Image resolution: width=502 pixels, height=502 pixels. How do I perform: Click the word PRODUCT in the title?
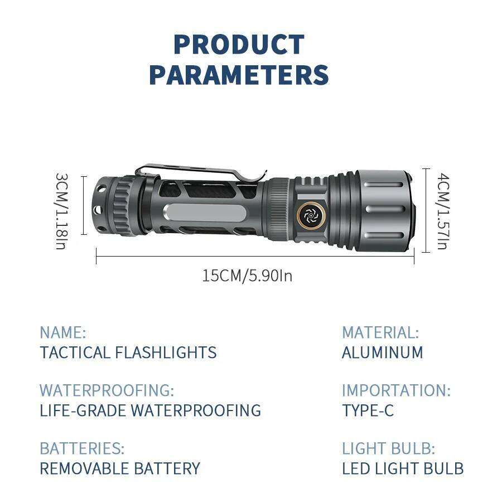(239, 45)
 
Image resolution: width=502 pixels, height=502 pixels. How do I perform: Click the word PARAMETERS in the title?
(239, 75)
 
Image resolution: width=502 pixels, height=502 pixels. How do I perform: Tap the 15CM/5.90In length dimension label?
(247, 275)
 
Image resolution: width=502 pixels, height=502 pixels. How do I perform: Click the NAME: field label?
(62, 333)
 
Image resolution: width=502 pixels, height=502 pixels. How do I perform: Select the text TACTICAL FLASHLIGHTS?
(128, 353)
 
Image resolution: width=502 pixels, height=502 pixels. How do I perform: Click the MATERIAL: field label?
(380, 333)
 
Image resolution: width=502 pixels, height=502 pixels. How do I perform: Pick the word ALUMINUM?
(382, 353)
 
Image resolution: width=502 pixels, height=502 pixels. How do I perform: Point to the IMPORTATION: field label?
(395, 390)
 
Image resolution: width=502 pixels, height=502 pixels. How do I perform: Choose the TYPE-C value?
(368, 411)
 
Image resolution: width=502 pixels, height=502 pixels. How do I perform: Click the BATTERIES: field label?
(81, 448)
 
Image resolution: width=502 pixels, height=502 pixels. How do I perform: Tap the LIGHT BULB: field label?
(388, 448)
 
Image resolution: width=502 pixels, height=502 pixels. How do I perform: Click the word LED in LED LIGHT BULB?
(354, 469)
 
